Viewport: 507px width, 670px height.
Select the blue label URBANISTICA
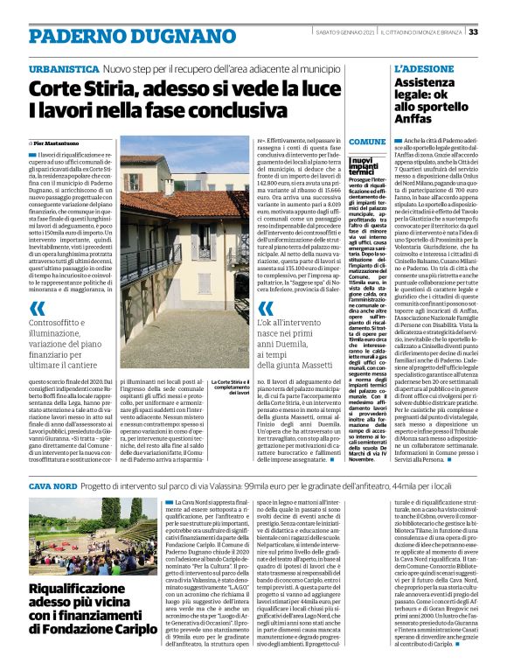(62, 67)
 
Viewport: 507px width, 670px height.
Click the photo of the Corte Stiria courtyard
(171, 255)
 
